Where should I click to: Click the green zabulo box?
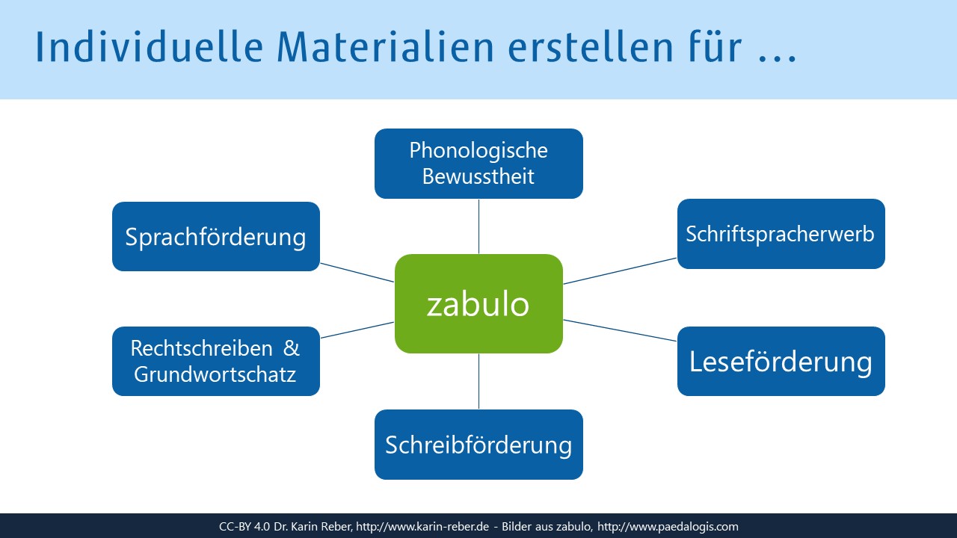pyautogui.click(x=478, y=303)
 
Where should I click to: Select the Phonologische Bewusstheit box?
pyautogui.click(x=478, y=164)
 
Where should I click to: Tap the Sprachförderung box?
pyautogui.click(x=216, y=237)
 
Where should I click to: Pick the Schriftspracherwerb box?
pyautogui.click(x=781, y=234)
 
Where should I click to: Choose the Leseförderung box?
pyautogui.click(x=781, y=361)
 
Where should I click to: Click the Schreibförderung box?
pyautogui.click(x=478, y=445)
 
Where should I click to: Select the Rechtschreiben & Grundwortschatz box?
pyautogui.click(x=216, y=361)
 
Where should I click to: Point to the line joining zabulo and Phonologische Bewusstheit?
pyautogui.click(x=478, y=226)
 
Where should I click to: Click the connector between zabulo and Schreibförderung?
pyautogui.click(x=478, y=381)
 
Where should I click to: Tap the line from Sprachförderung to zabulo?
pyautogui.click(x=357, y=273)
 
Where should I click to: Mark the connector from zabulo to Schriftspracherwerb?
pyautogui.click(x=620, y=270)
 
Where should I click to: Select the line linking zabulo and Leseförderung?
pyautogui.click(x=620, y=330)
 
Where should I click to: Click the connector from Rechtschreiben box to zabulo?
pyautogui.click(x=357, y=330)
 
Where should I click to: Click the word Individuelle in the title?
pyautogui.click(x=149, y=46)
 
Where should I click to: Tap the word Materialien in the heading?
pyautogui.click(x=385, y=46)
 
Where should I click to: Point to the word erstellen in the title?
pyautogui.click(x=591, y=46)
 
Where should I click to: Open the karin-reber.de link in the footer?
pyautogui.click(x=422, y=527)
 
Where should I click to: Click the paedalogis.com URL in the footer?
pyautogui.click(x=668, y=527)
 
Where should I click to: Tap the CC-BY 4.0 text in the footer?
pyautogui.click(x=244, y=527)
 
